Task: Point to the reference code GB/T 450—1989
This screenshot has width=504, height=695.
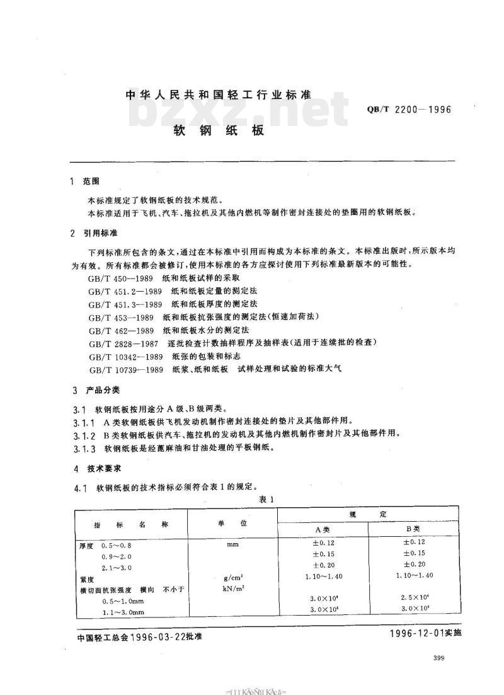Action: tap(118, 277)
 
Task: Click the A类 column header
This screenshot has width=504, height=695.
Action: tap(323, 529)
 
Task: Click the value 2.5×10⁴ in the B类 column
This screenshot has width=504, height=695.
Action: tap(414, 597)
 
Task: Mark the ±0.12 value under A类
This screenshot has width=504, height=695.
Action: tap(323, 543)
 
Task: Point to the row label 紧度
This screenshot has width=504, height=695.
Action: tap(86, 578)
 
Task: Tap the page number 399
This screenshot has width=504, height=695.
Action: tap(440, 658)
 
